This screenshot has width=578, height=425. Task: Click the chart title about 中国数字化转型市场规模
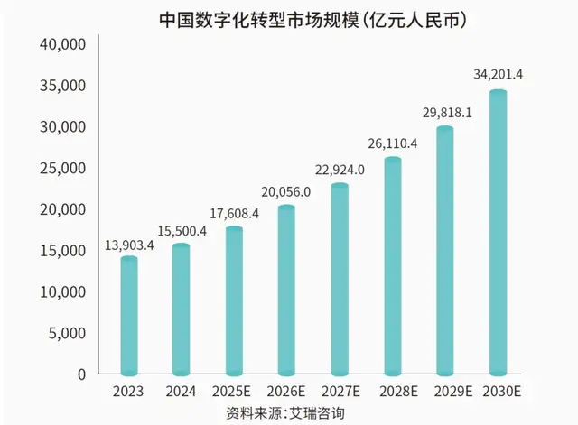306,18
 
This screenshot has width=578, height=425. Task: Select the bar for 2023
129,316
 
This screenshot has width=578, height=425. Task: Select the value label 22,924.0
340,169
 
